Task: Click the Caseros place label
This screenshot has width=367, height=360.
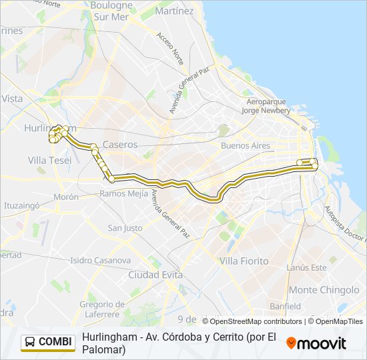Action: (x=120, y=144)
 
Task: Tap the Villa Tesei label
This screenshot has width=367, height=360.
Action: (x=49, y=160)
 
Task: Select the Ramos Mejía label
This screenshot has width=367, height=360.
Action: (x=121, y=193)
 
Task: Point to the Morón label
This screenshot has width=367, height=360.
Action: (x=66, y=197)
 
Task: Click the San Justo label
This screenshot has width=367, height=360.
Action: (x=125, y=228)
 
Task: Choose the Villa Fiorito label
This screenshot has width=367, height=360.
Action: (x=244, y=261)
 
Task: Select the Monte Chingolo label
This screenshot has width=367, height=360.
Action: (x=324, y=290)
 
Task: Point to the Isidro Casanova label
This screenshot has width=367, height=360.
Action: (x=100, y=260)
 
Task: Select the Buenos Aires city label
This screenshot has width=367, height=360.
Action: (x=244, y=145)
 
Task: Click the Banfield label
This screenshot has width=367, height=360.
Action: (x=286, y=306)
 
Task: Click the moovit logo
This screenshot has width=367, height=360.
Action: (x=316, y=343)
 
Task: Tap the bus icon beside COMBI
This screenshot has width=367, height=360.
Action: (x=30, y=342)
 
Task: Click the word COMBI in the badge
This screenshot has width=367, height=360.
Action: (x=55, y=342)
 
